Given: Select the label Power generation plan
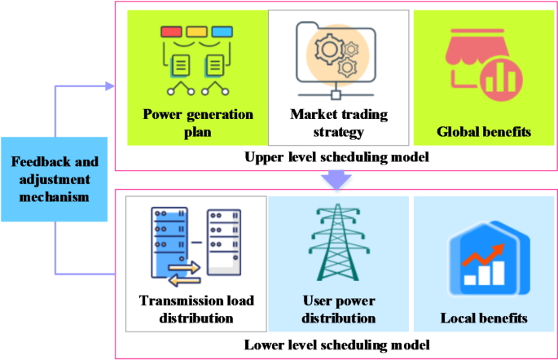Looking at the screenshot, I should click(198, 122).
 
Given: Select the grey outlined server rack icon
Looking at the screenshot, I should click(222, 241).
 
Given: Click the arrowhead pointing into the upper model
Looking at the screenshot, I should click(111, 84).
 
